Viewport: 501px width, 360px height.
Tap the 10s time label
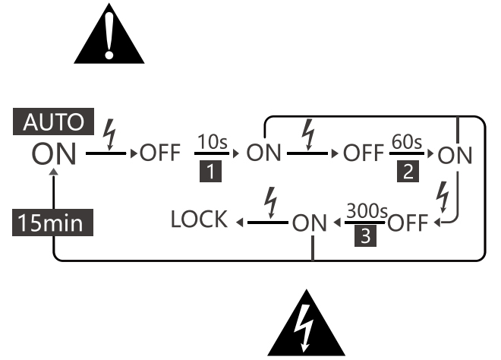pyautogui.click(x=209, y=142)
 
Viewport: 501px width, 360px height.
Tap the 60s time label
pyautogui.click(x=406, y=142)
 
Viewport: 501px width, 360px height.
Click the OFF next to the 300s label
pyautogui.click(x=409, y=224)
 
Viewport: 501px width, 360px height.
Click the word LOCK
pyautogui.click(x=199, y=221)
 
